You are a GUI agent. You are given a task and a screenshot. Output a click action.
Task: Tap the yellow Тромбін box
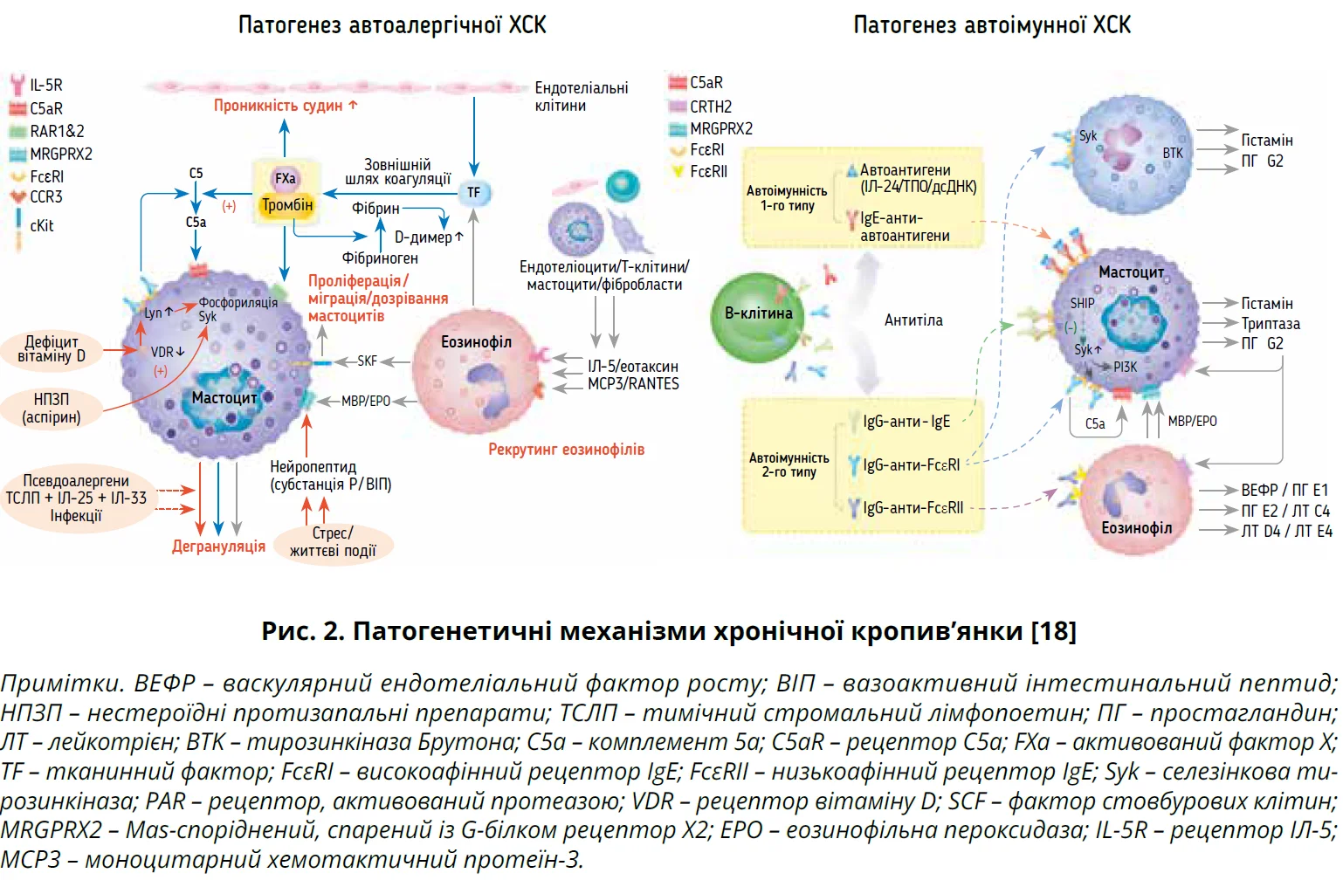286,206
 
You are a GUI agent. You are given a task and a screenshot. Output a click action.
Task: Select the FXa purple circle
286,178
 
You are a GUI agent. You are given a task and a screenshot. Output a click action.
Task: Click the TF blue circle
473,192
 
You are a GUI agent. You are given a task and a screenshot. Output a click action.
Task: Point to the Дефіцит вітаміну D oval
52,349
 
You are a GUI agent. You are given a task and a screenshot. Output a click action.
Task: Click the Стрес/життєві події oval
333,542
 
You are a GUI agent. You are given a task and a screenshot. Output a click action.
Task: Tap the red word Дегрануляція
218,547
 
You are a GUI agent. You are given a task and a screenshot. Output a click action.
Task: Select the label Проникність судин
286,106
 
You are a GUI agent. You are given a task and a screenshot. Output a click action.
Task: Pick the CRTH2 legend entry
710,107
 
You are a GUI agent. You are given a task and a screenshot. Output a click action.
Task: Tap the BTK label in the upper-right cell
1173,153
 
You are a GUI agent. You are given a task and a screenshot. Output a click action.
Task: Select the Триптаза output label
1271,324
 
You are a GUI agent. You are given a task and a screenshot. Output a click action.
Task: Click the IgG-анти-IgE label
906,422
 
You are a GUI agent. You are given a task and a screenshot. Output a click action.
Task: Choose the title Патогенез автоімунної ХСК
992,24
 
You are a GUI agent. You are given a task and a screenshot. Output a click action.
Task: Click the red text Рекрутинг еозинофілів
566,450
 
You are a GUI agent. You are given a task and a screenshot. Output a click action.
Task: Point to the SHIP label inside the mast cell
1082,303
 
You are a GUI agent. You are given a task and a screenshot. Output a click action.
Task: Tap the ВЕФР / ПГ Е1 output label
1284,490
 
